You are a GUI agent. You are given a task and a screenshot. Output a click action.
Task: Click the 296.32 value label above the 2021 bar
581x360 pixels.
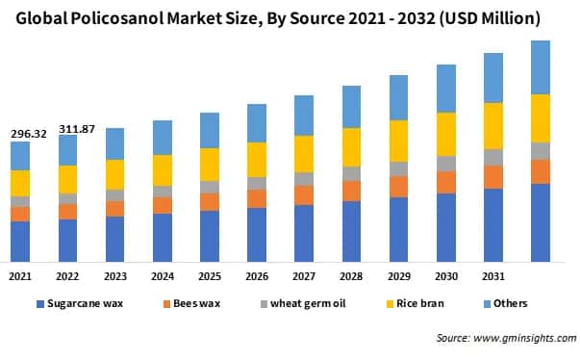point(29,133)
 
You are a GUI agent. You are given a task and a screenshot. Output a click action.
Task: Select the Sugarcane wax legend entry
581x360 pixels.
point(83,304)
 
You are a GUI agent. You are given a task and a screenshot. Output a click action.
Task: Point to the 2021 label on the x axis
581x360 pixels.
point(20,276)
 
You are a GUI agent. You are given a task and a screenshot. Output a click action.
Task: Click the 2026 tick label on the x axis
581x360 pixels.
point(256,276)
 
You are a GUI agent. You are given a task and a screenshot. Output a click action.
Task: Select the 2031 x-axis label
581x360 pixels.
point(493,276)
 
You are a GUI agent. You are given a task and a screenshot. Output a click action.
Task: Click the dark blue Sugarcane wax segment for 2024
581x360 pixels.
point(163,237)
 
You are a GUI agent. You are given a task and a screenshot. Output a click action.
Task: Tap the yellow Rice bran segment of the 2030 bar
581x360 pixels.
point(445,134)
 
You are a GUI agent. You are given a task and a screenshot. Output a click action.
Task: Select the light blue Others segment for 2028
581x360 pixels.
point(351,106)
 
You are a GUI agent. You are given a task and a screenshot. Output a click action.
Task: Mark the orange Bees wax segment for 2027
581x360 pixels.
point(304,194)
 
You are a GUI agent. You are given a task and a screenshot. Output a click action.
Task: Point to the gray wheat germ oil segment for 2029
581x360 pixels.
point(398,168)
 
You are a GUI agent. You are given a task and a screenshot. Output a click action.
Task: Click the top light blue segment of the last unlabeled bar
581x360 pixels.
point(540,67)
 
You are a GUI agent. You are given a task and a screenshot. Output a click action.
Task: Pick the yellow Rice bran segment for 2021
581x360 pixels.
point(20,183)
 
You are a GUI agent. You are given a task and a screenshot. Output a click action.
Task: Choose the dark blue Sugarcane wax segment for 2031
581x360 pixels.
point(493,224)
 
